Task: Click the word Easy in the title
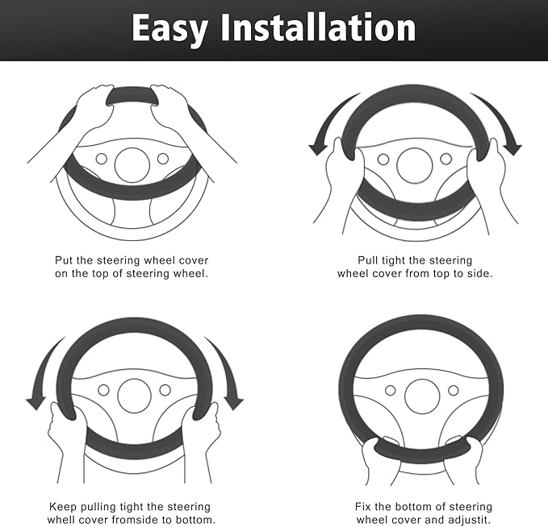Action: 169,30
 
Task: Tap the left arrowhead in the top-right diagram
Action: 318,148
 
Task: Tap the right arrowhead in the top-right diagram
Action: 512,148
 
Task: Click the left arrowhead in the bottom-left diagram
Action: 36,403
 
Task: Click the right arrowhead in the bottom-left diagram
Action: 234,403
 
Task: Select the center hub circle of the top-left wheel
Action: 132,165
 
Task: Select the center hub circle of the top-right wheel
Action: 415,165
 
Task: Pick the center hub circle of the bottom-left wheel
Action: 135,396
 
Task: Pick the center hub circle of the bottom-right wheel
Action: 422,396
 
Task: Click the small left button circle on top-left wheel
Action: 102,159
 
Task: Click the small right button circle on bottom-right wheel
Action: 454,390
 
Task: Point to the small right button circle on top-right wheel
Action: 446,159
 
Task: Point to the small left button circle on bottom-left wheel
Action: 103,390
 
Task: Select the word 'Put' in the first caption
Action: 64,260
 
